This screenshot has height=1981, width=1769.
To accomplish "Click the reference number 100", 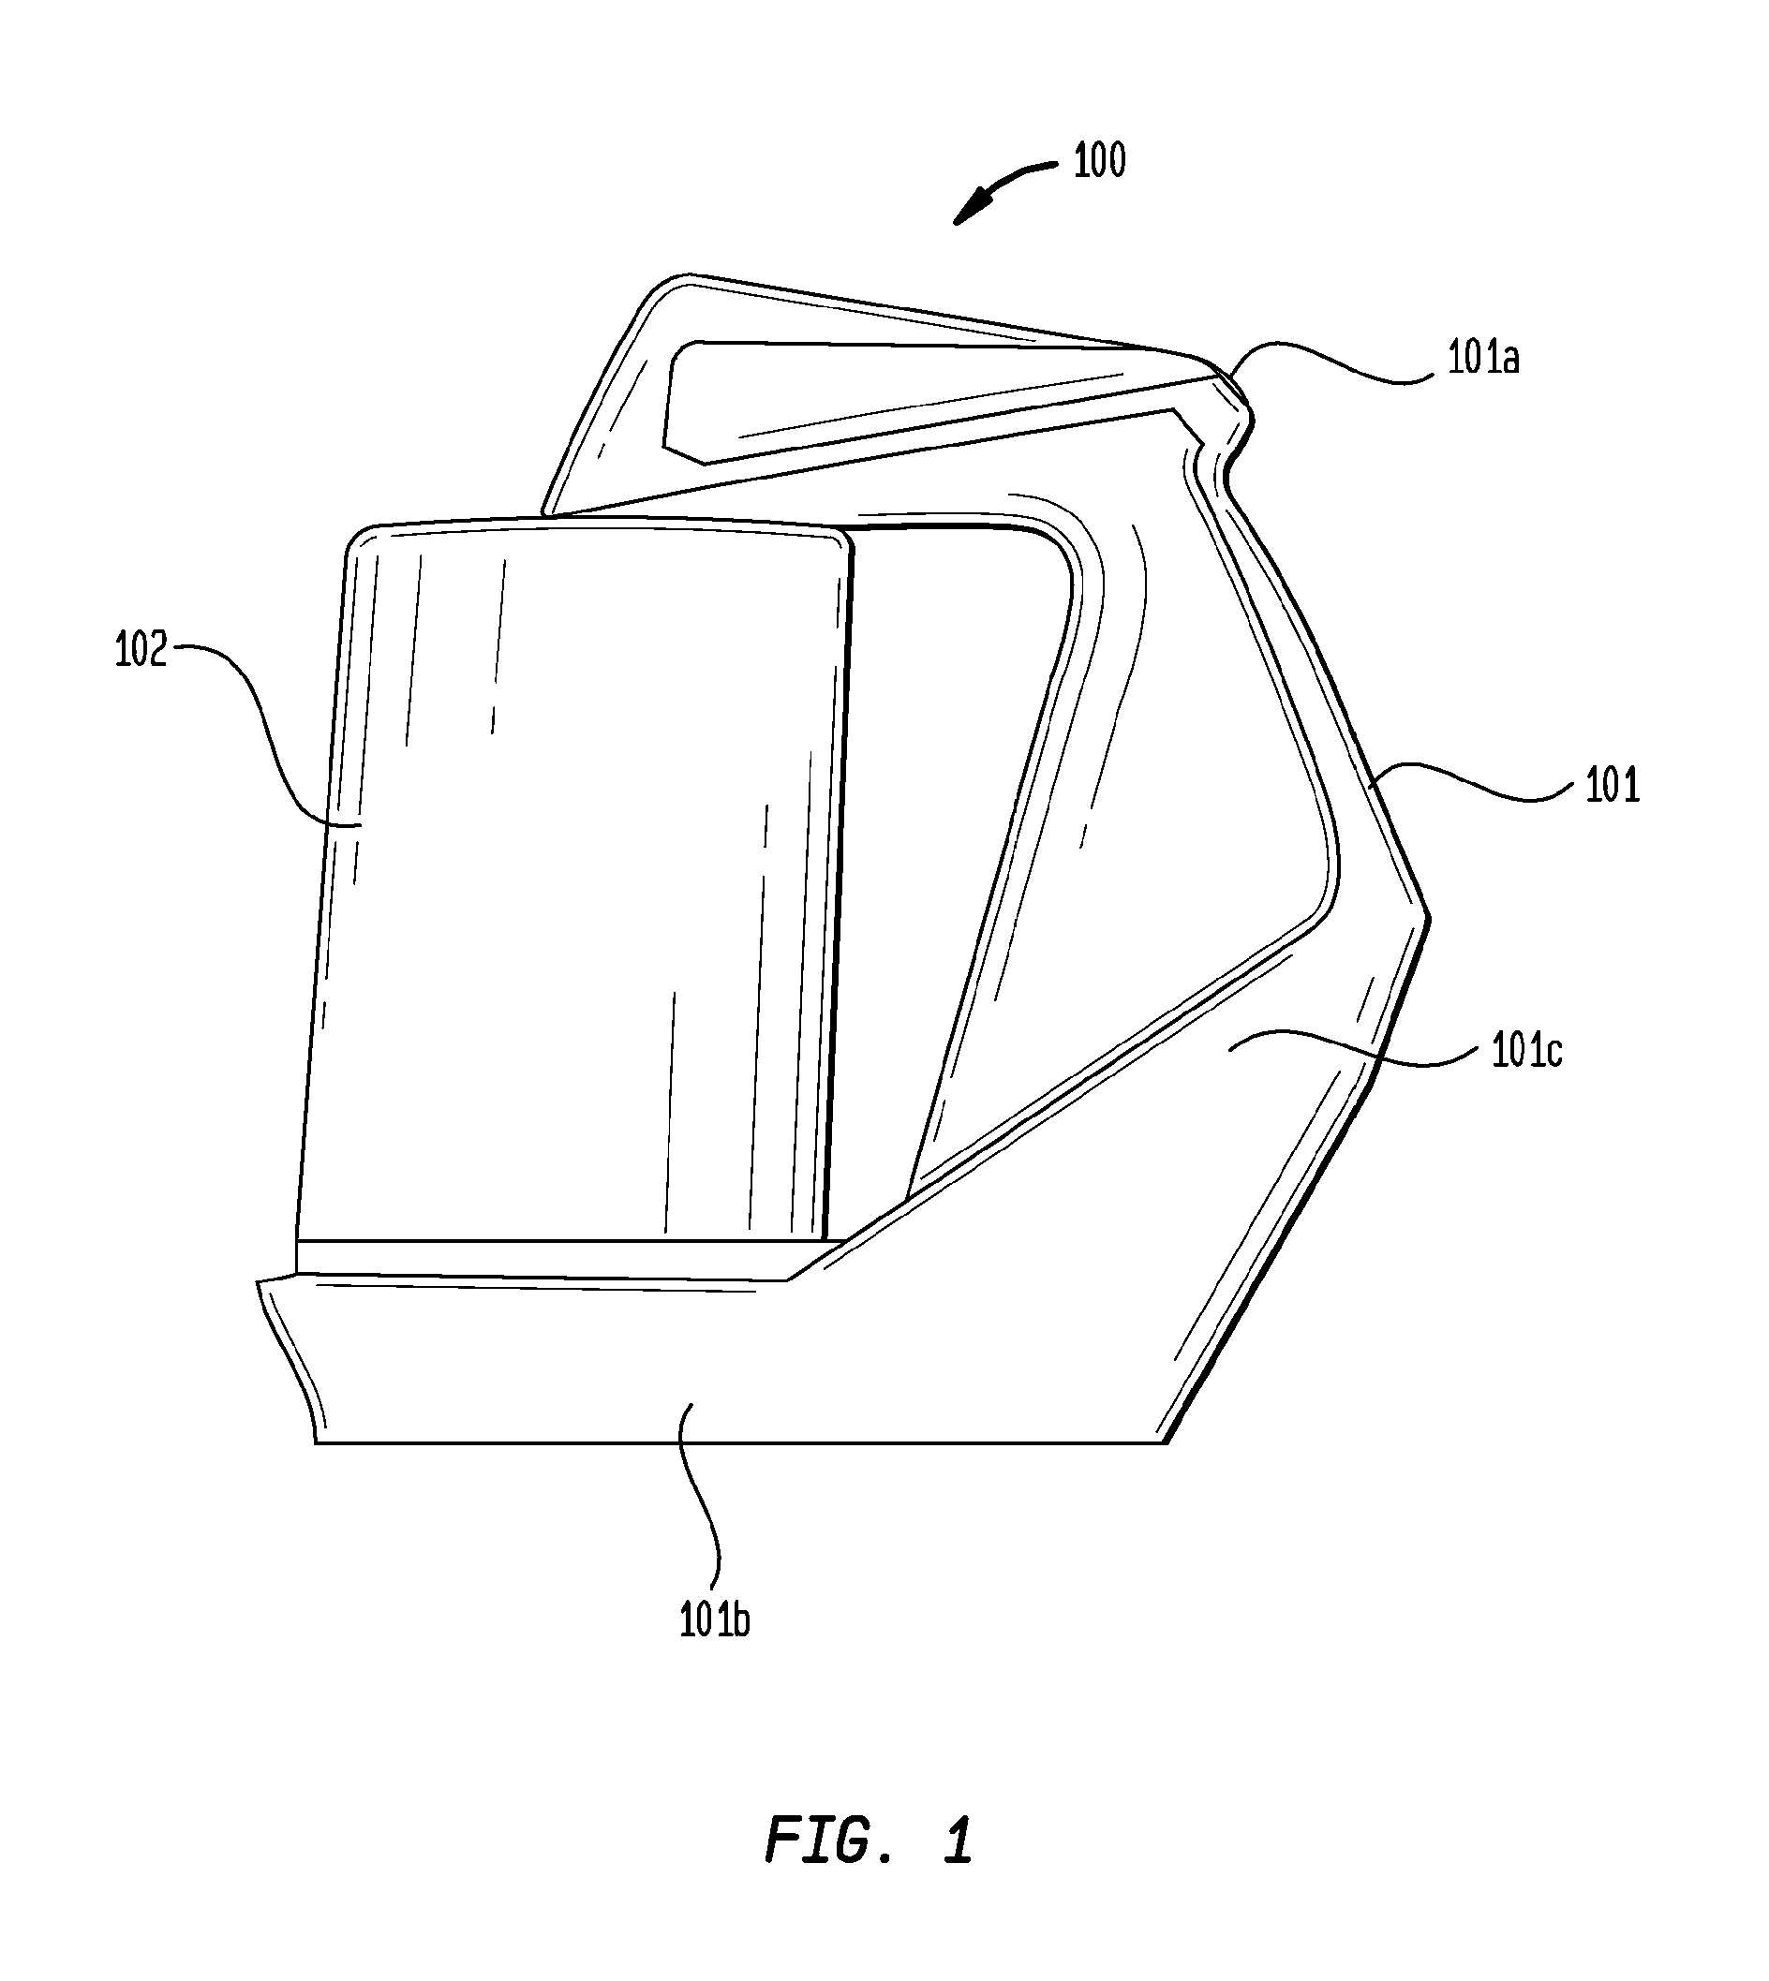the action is [1099, 160].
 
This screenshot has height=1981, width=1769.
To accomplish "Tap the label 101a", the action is [1484, 360].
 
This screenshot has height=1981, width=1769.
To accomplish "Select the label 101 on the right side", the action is [1613, 785].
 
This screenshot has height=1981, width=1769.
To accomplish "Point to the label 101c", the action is [1527, 1051].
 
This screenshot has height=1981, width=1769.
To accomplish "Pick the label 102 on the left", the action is [141, 650].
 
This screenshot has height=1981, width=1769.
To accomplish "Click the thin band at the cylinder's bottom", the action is [568, 1258].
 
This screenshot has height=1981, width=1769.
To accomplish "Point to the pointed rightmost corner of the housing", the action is [1427, 915].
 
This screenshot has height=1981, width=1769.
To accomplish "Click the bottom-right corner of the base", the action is [1165, 1442].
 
